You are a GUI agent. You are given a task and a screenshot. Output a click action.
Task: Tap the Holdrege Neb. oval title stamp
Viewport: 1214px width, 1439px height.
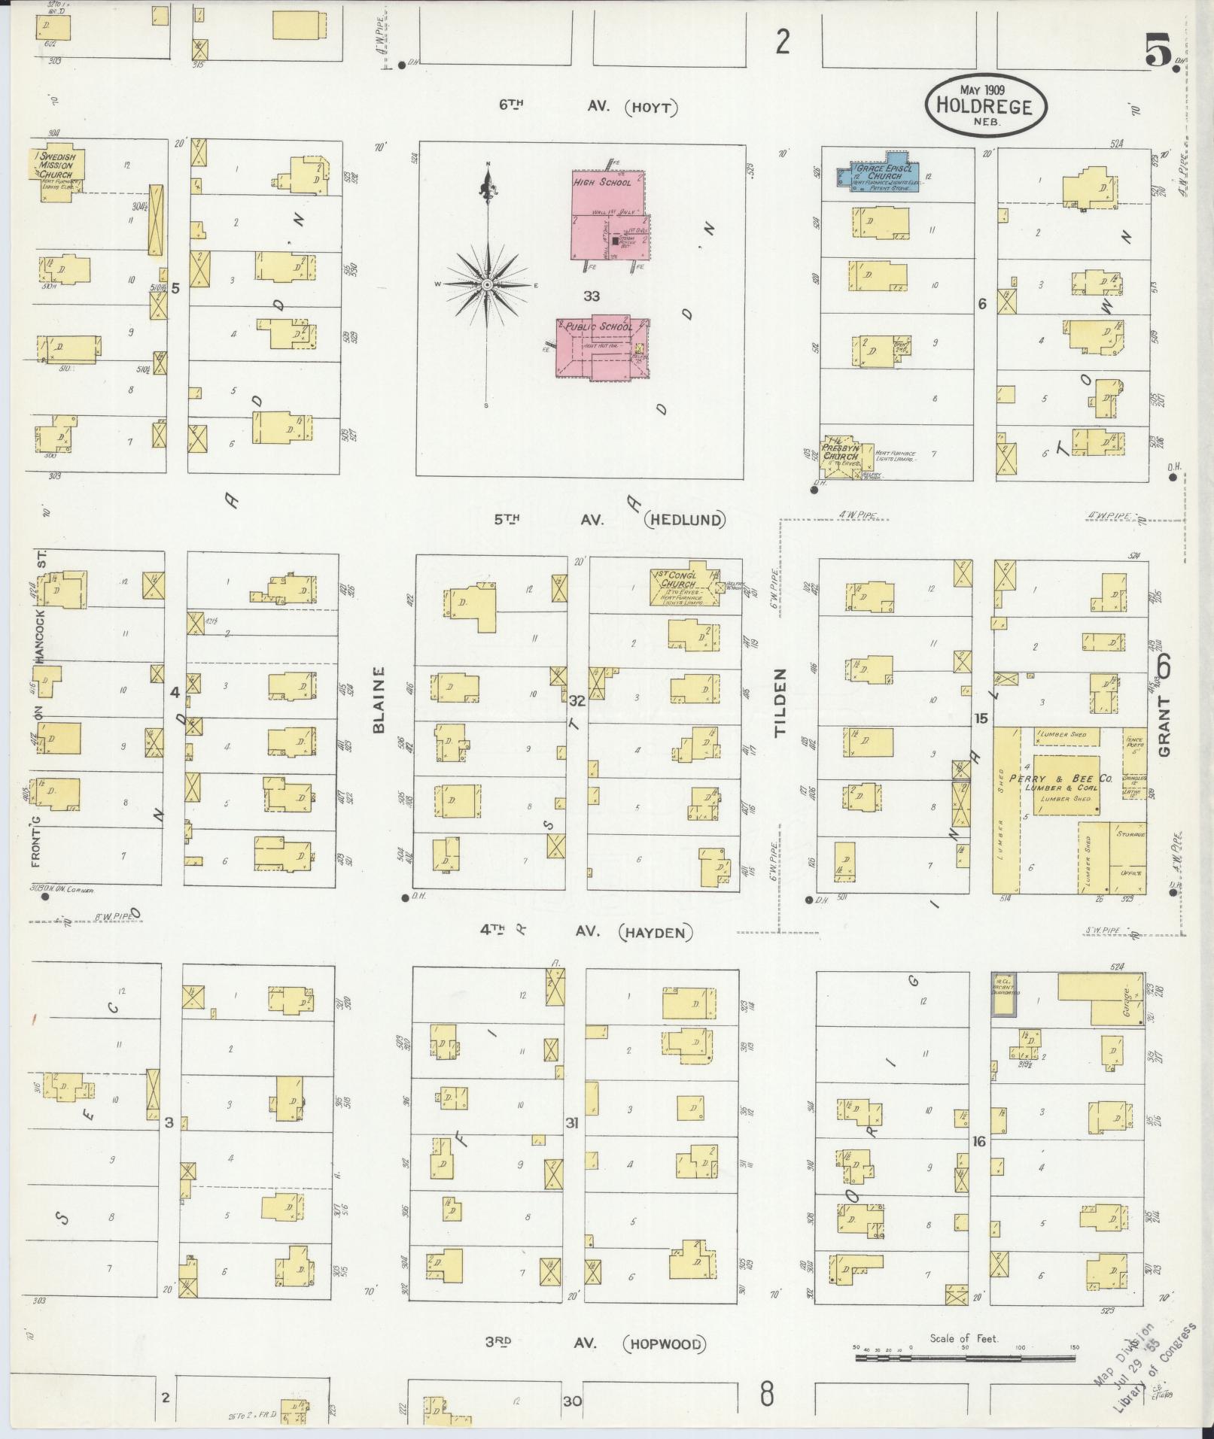[x=985, y=105]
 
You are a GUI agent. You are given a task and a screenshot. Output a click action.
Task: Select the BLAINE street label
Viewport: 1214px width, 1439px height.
[x=379, y=699]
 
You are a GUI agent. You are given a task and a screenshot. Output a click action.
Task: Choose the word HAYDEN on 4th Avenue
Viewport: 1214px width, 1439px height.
[x=654, y=932]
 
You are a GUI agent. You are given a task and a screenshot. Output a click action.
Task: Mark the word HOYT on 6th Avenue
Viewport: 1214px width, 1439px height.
[x=651, y=108]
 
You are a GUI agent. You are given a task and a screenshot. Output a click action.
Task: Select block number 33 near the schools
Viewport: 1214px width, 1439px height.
[x=592, y=296]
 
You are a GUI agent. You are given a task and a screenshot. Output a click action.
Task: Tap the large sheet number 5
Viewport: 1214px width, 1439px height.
[x=1158, y=52]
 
